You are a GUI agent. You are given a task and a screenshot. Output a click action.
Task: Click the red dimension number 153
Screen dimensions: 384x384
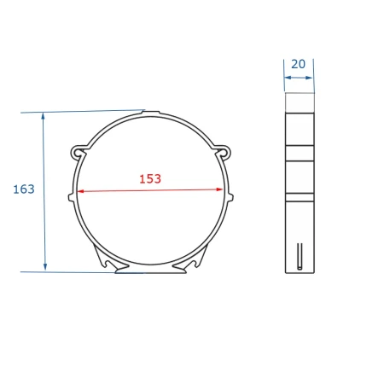click(150, 179)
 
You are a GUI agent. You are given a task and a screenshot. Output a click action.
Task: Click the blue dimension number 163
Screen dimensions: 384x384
click(24, 189)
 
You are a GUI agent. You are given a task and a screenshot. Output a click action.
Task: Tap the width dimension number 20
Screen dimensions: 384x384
click(298, 64)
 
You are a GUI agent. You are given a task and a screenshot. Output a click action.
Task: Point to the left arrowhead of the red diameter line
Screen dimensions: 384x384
click(80, 191)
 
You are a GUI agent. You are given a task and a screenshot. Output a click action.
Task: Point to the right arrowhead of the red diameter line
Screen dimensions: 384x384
click(219, 189)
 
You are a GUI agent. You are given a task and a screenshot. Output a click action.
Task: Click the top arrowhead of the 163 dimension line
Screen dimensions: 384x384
click(43, 116)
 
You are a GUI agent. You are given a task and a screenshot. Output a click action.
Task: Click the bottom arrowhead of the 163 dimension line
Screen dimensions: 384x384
click(45, 267)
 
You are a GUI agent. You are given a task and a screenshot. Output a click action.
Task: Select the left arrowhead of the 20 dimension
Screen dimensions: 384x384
click(288, 78)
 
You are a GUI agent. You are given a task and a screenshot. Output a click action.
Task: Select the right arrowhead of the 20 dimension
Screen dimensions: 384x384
click(309, 78)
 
